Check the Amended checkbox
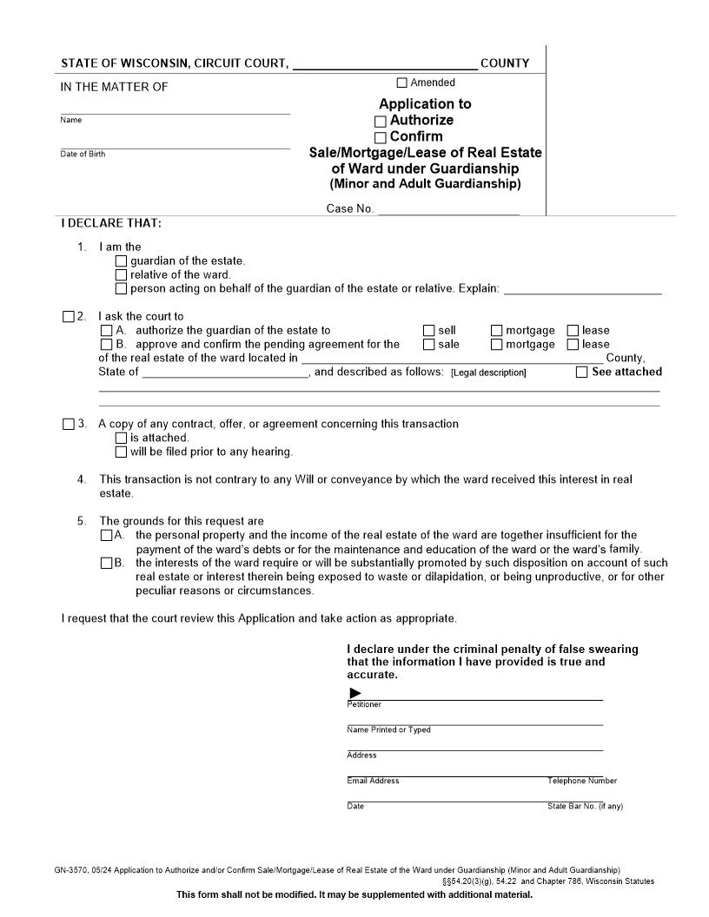(401, 83)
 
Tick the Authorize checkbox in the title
(381, 122)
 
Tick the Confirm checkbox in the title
(381, 138)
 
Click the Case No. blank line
(448, 209)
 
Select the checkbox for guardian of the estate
(121, 261)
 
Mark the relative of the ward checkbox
(121, 275)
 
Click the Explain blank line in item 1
(582, 289)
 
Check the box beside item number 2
(69, 317)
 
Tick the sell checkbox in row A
(429, 331)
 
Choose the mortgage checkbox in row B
(497, 345)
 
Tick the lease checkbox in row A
(573, 331)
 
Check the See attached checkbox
(582, 373)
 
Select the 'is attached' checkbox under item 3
(121, 439)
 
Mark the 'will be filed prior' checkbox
(121, 452)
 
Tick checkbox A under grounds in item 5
(106, 536)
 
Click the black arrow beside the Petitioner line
(354, 693)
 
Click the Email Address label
(373, 782)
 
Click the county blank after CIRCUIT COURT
(385, 64)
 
